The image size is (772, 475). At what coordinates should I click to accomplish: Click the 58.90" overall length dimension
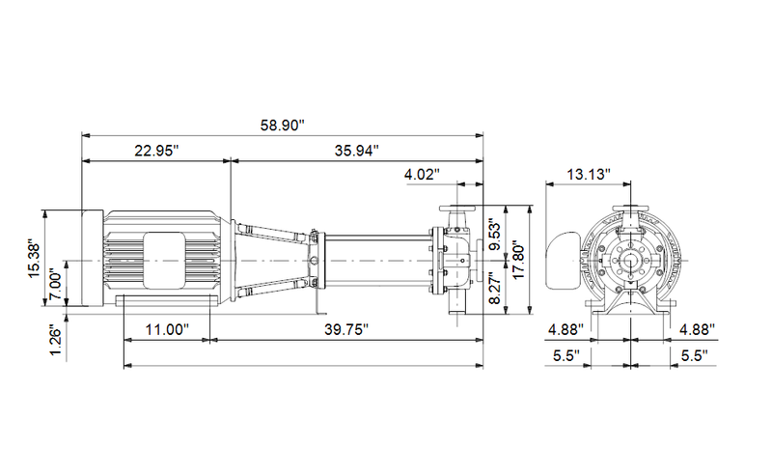coord(282,125)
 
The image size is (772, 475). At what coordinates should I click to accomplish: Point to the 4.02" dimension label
coord(422,175)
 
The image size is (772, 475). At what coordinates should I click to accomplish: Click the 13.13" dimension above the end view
coord(590,175)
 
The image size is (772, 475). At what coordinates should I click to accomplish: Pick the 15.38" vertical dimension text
coord(34,260)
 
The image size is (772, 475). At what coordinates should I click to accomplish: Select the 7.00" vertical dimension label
coord(56,286)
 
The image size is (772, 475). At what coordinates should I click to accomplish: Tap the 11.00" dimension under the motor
coord(166,329)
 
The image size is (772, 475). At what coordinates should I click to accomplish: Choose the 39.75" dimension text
coord(344,329)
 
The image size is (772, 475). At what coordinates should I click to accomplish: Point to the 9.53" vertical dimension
coord(495,234)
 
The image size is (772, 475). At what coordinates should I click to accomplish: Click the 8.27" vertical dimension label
coord(495,288)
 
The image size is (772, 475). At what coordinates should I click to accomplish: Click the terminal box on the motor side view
coord(164,261)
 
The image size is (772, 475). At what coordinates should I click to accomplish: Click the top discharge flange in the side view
coord(455,210)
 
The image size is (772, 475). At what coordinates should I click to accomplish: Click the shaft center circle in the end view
coord(632,261)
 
